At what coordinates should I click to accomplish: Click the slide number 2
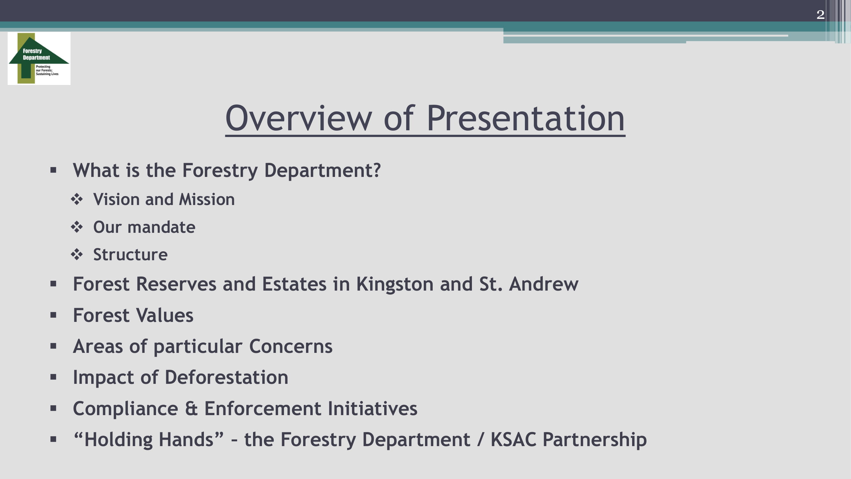coord(820,15)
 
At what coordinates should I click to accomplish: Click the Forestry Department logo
coord(39,58)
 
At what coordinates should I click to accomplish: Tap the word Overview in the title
coord(299,118)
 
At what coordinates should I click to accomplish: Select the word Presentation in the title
coord(526,118)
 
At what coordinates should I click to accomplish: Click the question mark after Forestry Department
coord(377,170)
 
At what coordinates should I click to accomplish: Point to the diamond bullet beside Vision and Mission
coord(77,199)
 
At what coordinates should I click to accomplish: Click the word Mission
coord(206,199)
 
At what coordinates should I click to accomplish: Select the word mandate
coord(161,227)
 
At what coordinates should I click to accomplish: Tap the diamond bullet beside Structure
coord(77,254)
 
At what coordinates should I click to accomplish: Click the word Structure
coord(130,255)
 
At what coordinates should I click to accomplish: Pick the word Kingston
coord(395,284)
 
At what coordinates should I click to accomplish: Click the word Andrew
coord(543,284)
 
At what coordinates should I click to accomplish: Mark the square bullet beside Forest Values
coord(53,315)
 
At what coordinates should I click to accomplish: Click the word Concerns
coord(291,346)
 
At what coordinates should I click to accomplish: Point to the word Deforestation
coord(226,377)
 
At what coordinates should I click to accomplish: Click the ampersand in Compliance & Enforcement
coord(191,408)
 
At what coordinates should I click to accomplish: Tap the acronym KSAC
coord(513,439)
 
